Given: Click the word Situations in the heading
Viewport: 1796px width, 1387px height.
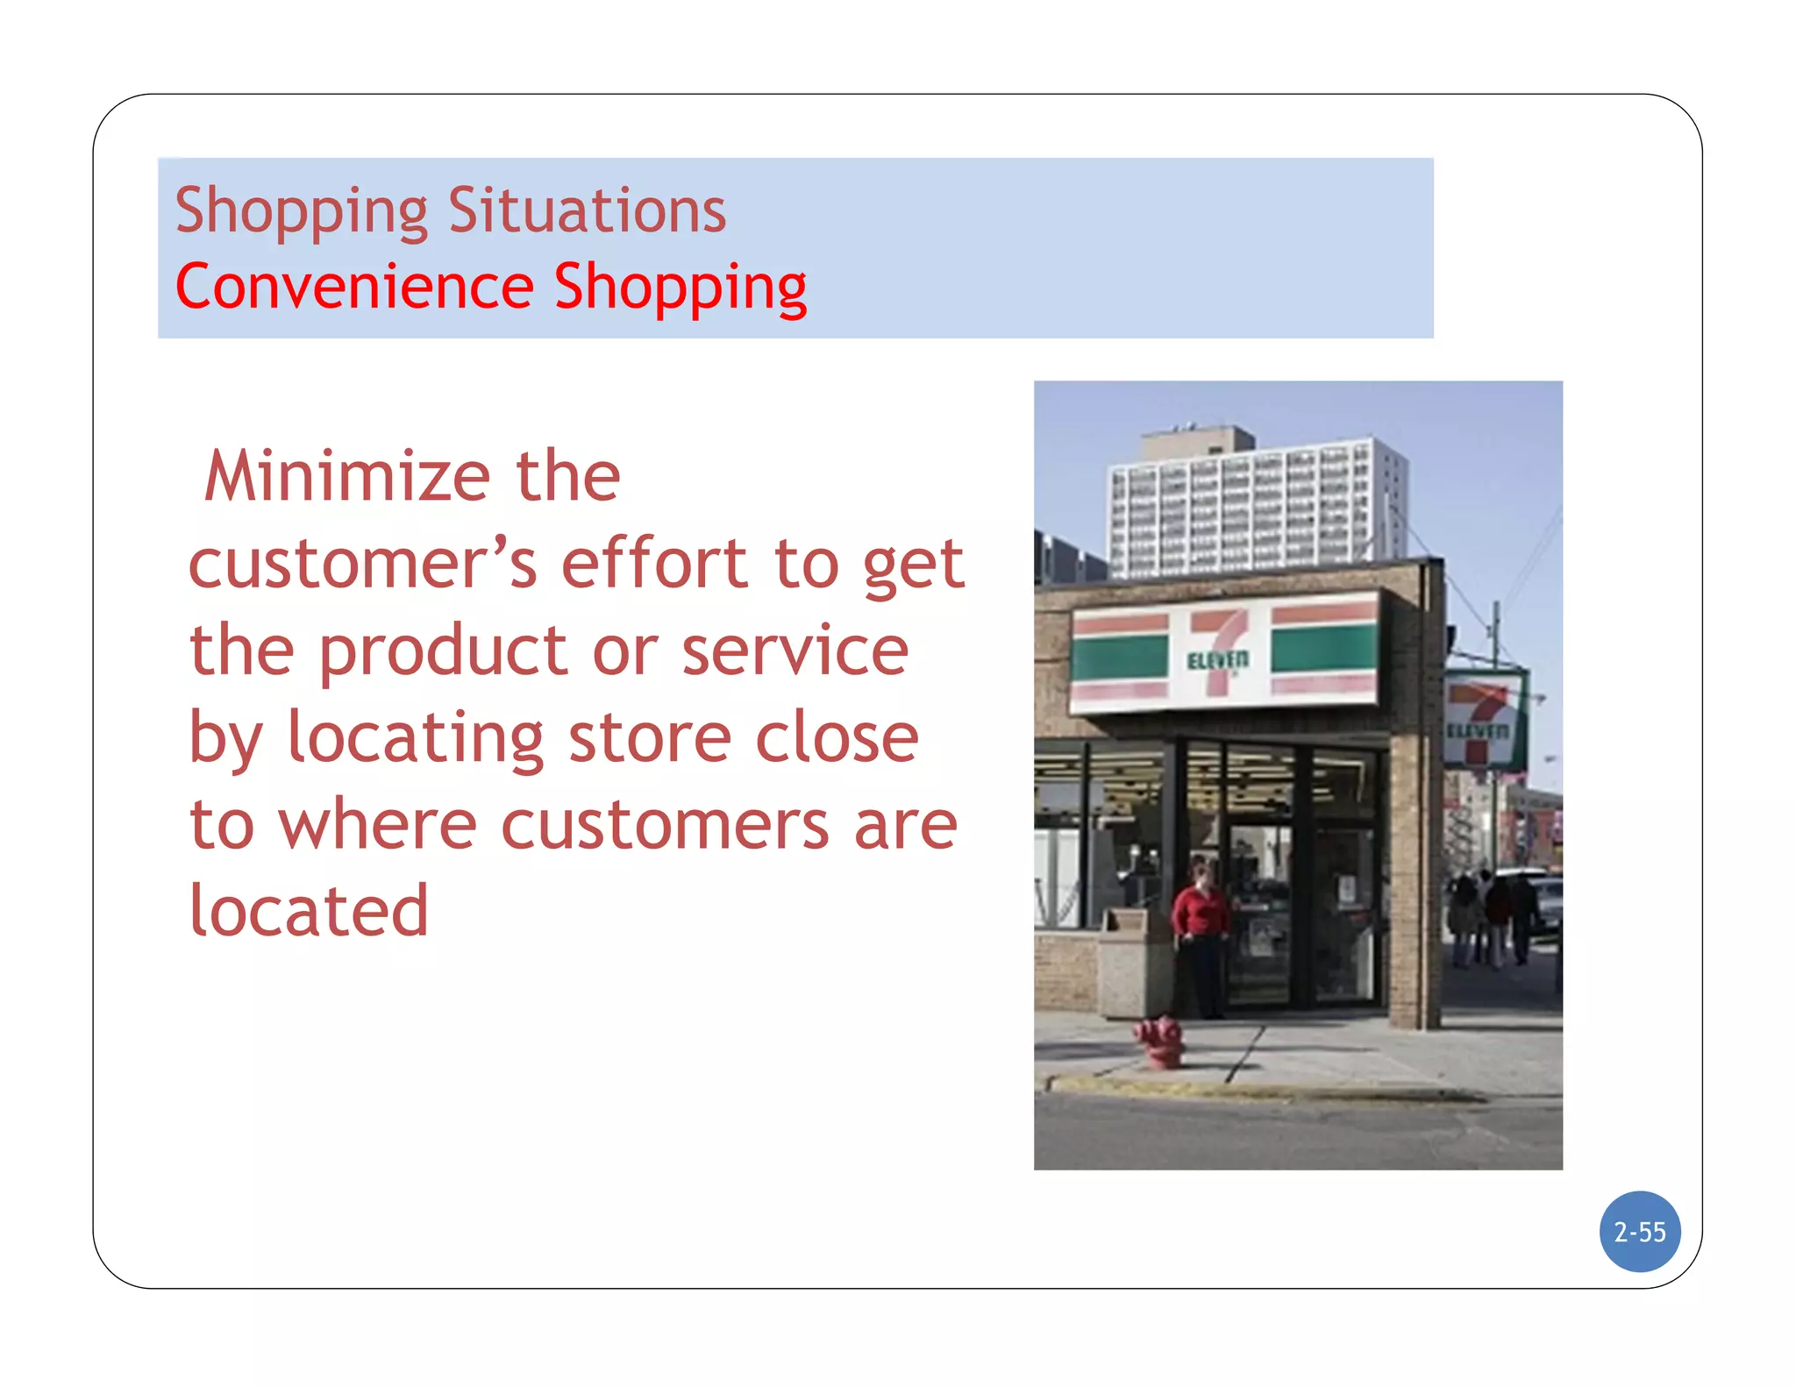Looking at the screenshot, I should [x=587, y=210].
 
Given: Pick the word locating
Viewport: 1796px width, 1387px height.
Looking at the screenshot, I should [x=416, y=737].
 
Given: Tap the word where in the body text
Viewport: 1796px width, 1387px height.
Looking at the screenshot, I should [x=377, y=825].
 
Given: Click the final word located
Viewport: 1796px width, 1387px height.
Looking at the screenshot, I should [x=309, y=911].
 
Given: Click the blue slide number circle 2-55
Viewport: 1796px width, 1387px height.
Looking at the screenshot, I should [x=1639, y=1231].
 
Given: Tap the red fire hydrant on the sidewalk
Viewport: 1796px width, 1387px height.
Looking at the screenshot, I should [x=1161, y=1042].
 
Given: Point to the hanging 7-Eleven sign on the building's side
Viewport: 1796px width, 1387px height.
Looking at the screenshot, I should [x=1483, y=719].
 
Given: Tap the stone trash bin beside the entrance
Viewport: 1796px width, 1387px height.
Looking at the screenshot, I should [x=1131, y=964].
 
